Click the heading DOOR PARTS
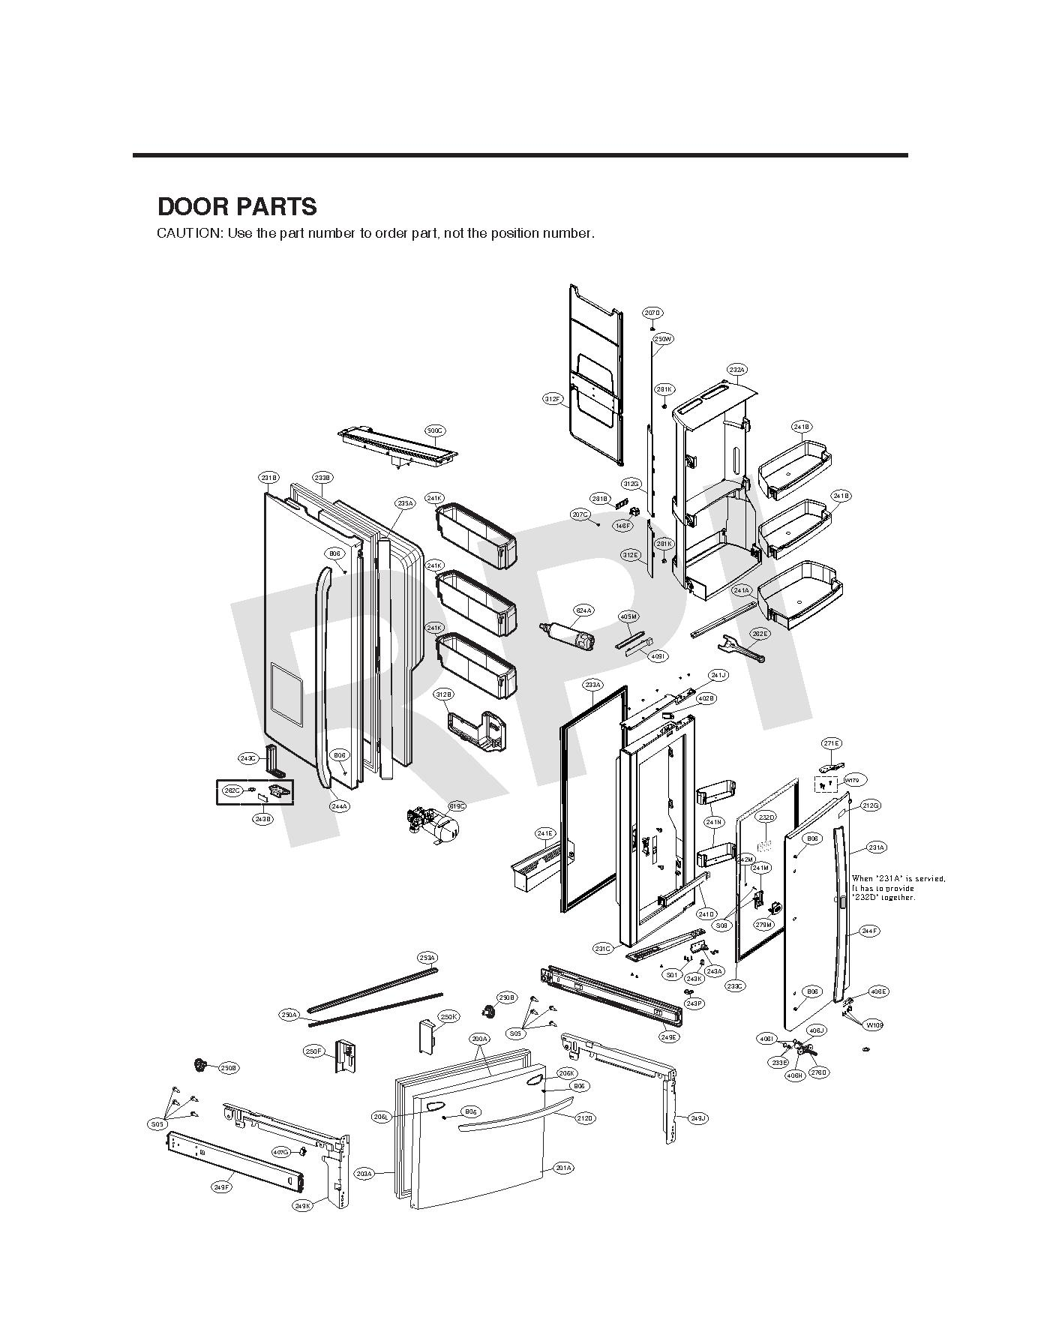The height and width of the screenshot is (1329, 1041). click(237, 207)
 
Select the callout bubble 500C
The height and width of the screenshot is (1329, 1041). click(435, 430)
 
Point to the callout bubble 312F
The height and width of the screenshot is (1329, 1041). click(553, 399)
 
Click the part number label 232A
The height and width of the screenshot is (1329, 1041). click(736, 370)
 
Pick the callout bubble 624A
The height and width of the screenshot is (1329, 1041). click(583, 610)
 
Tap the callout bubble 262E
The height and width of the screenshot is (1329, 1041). click(760, 634)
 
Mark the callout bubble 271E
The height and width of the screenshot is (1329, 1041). click(831, 743)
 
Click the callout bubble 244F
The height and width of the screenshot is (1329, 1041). click(869, 931)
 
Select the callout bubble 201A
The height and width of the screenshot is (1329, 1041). click(564, 1168)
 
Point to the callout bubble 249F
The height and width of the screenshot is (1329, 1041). click(221, 1187)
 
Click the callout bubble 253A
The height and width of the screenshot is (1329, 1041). click(427, 958)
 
